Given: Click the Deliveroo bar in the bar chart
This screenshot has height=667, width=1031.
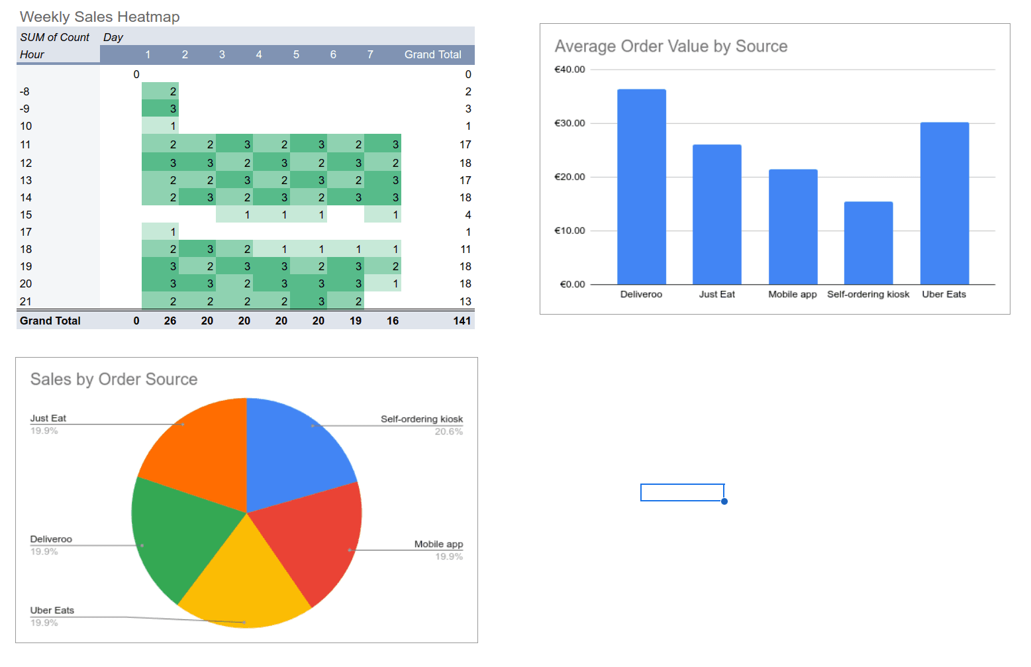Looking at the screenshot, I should pyautogui.click(x=641, y=187).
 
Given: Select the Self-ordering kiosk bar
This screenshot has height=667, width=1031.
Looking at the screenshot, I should pyautogui.click(x=868, y=243).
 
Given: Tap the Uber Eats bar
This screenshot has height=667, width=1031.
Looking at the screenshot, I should pyautogui.click(x=944, y=203).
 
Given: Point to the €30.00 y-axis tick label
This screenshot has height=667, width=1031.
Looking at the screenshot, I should pyautogui.click(x=569, y=123).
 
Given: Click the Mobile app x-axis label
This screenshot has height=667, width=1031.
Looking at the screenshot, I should pyautogui.click(x=792, y=294).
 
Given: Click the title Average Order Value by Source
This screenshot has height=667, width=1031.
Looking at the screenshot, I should pyautogui.click(x=671, y=46).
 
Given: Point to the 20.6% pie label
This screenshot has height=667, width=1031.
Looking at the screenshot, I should pyautogui.click(x=448, y=432).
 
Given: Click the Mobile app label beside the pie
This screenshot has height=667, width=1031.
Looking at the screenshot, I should pyautogui.click(x=438, y=544).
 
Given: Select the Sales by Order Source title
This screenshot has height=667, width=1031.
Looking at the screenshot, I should pyautogui.click(x=114, y=380).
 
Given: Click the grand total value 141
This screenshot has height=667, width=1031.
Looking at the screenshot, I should pyautogui.click(x=462, y=321).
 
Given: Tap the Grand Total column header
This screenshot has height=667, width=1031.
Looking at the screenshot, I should pyautogui.click(x=432, y=54).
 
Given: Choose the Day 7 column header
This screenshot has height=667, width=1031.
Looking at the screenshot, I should pyautogui.click(x=370, y=54).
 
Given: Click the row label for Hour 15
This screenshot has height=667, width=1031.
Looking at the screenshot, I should pyautogui.click(x=26, y=215).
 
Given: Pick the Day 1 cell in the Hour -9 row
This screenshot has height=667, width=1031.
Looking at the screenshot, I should pyautogui.click(x=160, y=109).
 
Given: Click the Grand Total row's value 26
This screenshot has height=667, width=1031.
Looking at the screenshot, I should pyautogui.click(x=170, y=321).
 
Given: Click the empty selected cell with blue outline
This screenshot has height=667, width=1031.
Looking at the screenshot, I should pyautogui.click(x=682, y=492).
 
